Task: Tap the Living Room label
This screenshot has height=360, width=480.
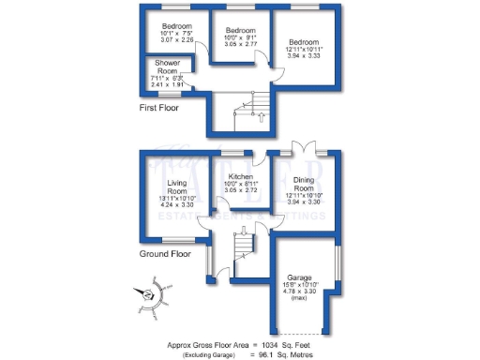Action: tap(178, 187)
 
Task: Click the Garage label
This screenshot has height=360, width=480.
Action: tap(300, 278)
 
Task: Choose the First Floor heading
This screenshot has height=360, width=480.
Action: tap(159, 108)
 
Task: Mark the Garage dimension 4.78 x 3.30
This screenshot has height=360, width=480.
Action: tap(301, 293)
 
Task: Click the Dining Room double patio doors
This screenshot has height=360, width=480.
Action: tap(302, 148)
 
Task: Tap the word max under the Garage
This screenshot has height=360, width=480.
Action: tap(301, 301)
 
